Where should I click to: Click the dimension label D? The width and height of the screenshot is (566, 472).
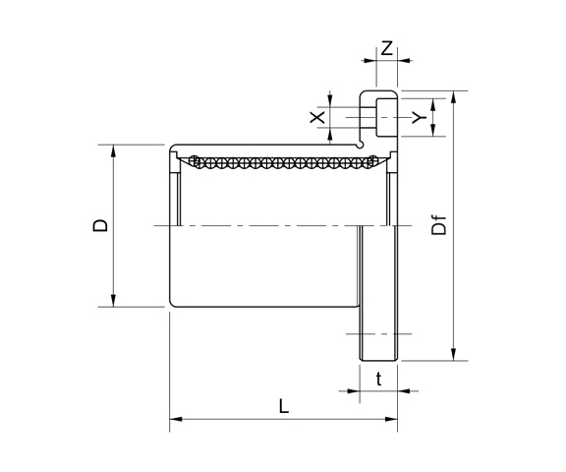pyautogui.click(x=99, y=226)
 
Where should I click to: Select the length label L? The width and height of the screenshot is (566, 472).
pyautogui.click(x=283, y=405)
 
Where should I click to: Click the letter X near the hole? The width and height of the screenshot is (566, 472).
pyautogui.click(x=316, y=118)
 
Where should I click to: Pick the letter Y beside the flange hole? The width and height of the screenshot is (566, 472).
pyautogui.click(x=419, y=118)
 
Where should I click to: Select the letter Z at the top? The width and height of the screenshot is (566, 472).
pyautogui.click(x=387, y=47)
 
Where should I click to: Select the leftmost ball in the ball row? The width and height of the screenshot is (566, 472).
pyautogui.click(x=195, y=160)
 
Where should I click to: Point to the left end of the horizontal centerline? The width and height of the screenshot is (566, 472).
pyautogui.click(x=156, y=227)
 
